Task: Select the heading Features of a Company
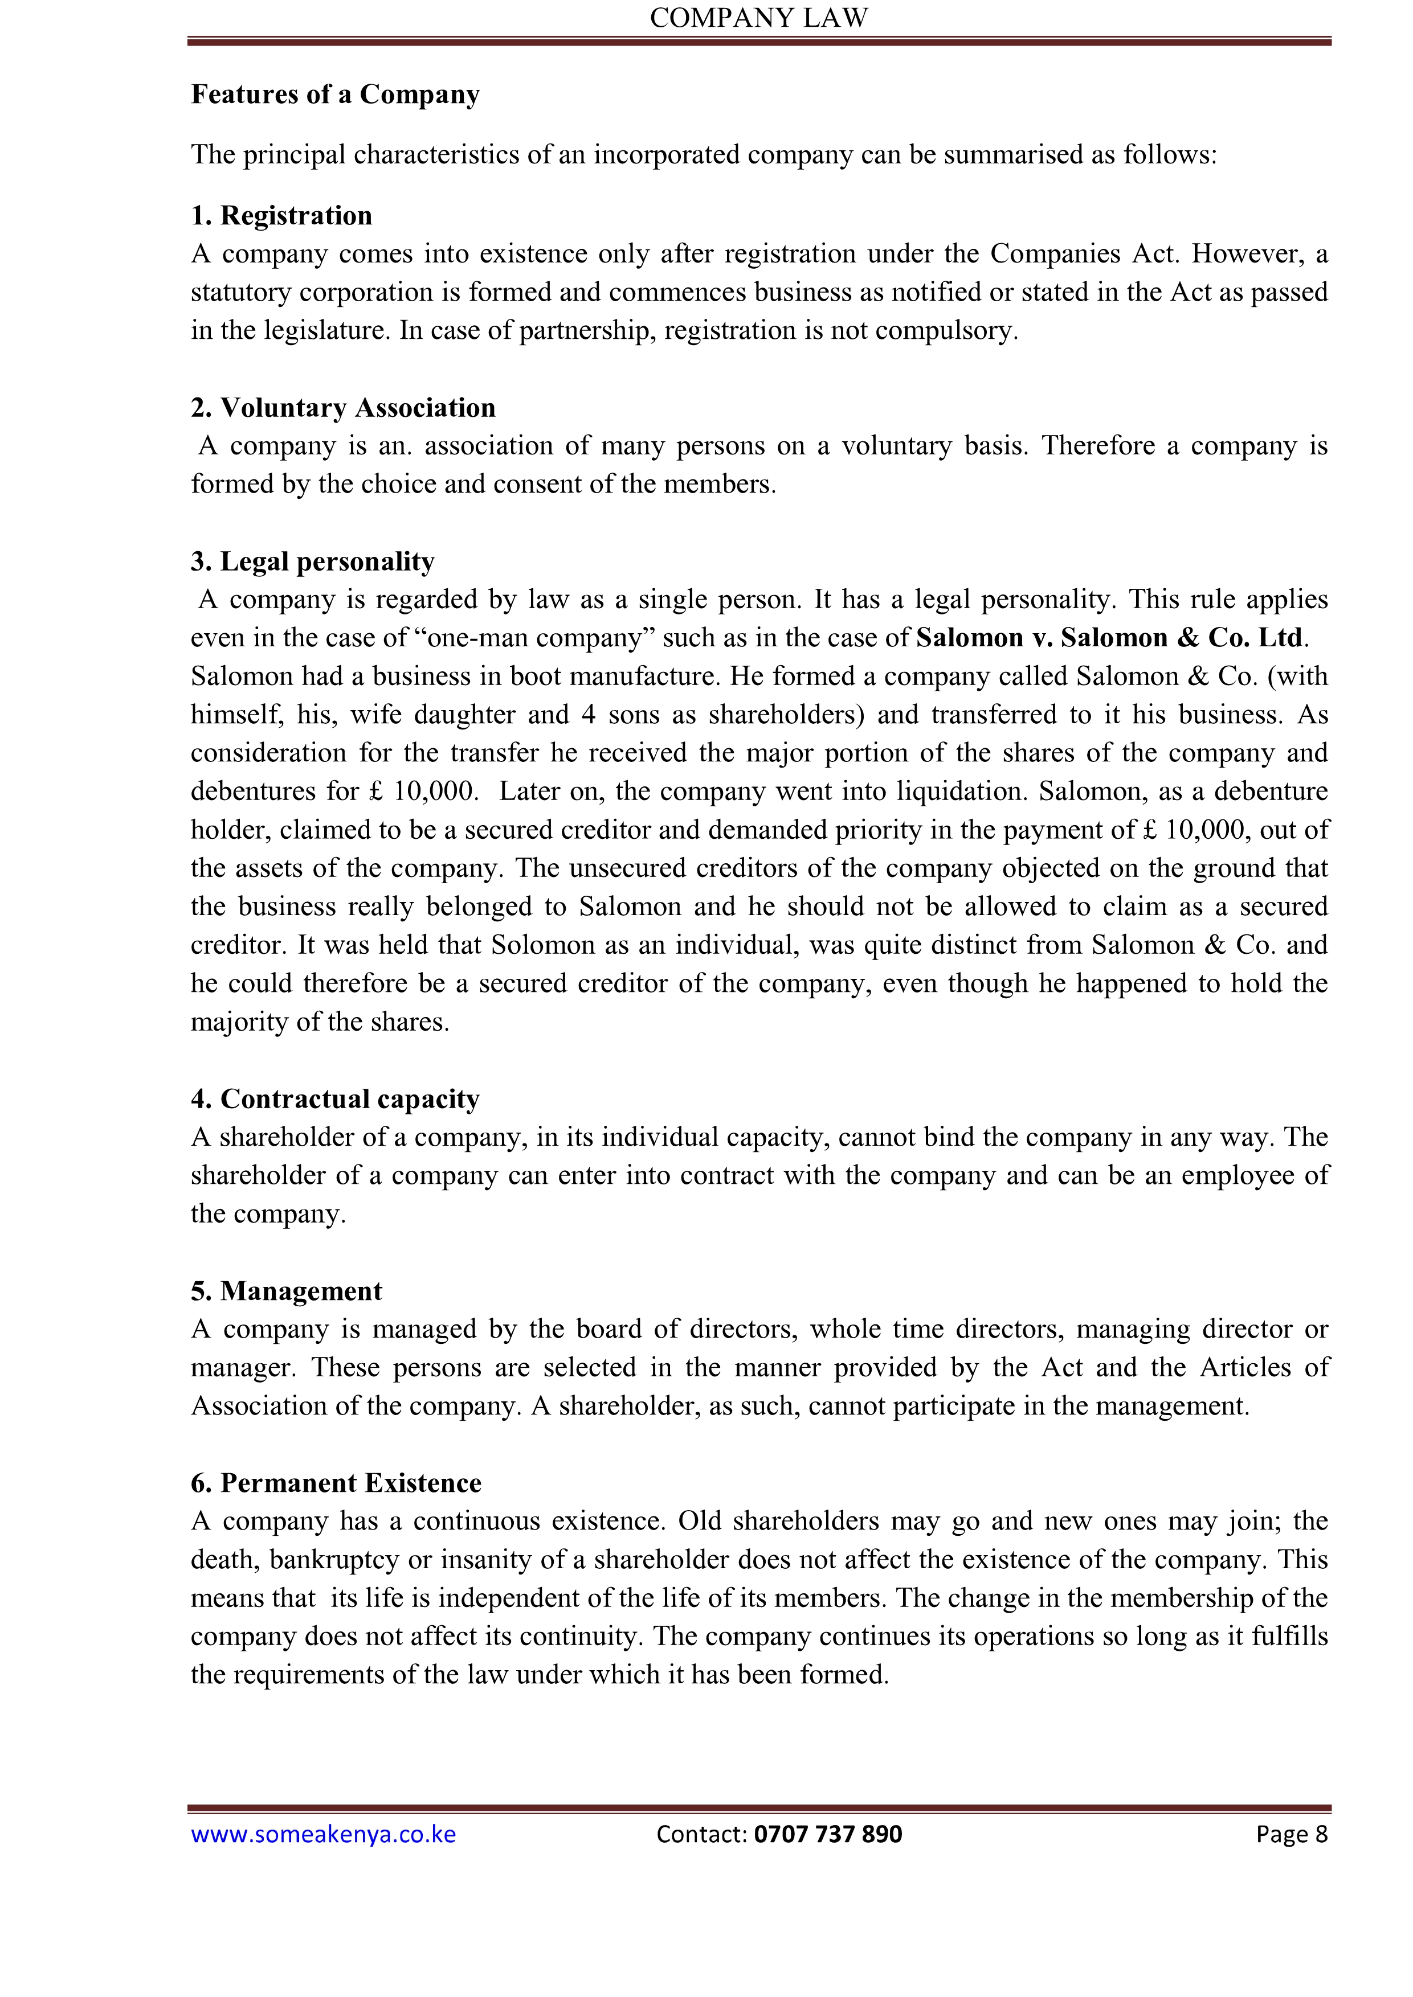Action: [335, 94]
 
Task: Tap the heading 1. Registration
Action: [281, 216]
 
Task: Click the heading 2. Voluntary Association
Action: [343, 408]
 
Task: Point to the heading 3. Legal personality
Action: [312, 562]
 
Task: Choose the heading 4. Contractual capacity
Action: [335, 1100]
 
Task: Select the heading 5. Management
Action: [286, 1291]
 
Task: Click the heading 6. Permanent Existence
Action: [336, 1483]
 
